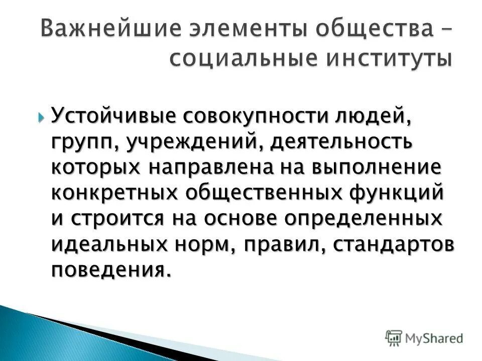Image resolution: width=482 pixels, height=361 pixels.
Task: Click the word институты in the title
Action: [x=389, y=59]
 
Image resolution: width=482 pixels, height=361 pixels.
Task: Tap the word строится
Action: [x=123, y=218]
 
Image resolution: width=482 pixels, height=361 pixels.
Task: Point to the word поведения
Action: [x=107, y=270]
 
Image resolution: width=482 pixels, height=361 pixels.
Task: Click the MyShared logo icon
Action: [x=394, y=338]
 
